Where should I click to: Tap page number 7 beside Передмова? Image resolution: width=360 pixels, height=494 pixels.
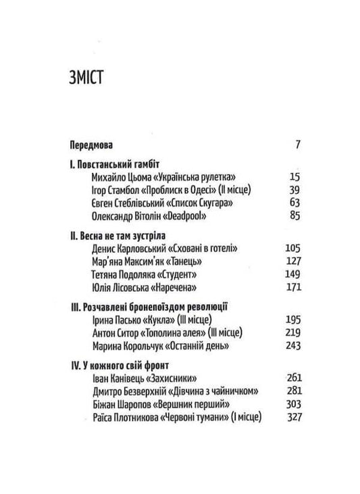point(297,144)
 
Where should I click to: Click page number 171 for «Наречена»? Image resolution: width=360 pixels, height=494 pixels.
point(291,288)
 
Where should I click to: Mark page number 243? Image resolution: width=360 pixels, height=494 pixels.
point(291,347)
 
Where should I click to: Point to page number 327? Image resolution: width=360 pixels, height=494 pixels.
point(291,418)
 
